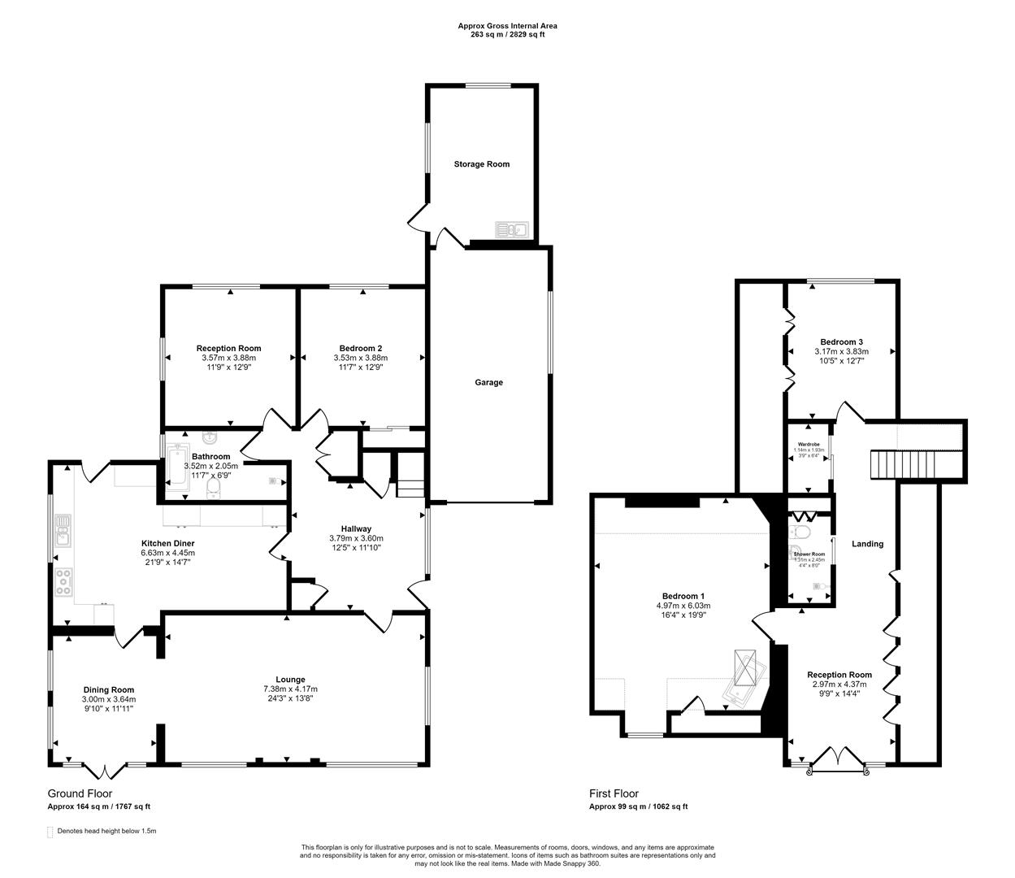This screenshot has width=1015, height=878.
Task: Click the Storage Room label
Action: [x=481, y=164]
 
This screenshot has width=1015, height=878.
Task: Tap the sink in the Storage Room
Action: [x=511, y=230]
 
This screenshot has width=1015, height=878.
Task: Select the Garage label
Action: [x=488, y=382]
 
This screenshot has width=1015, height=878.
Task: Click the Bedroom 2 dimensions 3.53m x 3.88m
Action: [x=360, y=358]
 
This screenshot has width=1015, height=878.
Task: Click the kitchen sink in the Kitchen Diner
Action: [x=63, y=534]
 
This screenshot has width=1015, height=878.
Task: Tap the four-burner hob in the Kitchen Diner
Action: [x=63, y=582]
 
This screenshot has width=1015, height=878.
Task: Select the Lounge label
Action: [x=290, y=680]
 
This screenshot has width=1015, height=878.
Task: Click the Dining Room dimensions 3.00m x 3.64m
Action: [x=108, y=699]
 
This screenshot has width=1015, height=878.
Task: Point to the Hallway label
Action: [x=356, y=528]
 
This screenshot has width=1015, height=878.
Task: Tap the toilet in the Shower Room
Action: [x=800, y=532]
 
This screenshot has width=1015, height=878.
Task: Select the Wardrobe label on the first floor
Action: [x=809, y=445]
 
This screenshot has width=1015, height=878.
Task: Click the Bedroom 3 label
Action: [x=841, y=342]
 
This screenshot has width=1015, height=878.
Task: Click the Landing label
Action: [x=867, y=544]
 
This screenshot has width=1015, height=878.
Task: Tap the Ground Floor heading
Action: [x=80, y=793]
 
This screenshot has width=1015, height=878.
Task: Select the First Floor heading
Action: [x=614, y=793]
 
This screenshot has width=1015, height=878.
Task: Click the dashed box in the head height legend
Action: [x=50, y=832]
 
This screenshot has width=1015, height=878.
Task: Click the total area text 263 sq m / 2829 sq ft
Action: [x=507, y=36]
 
